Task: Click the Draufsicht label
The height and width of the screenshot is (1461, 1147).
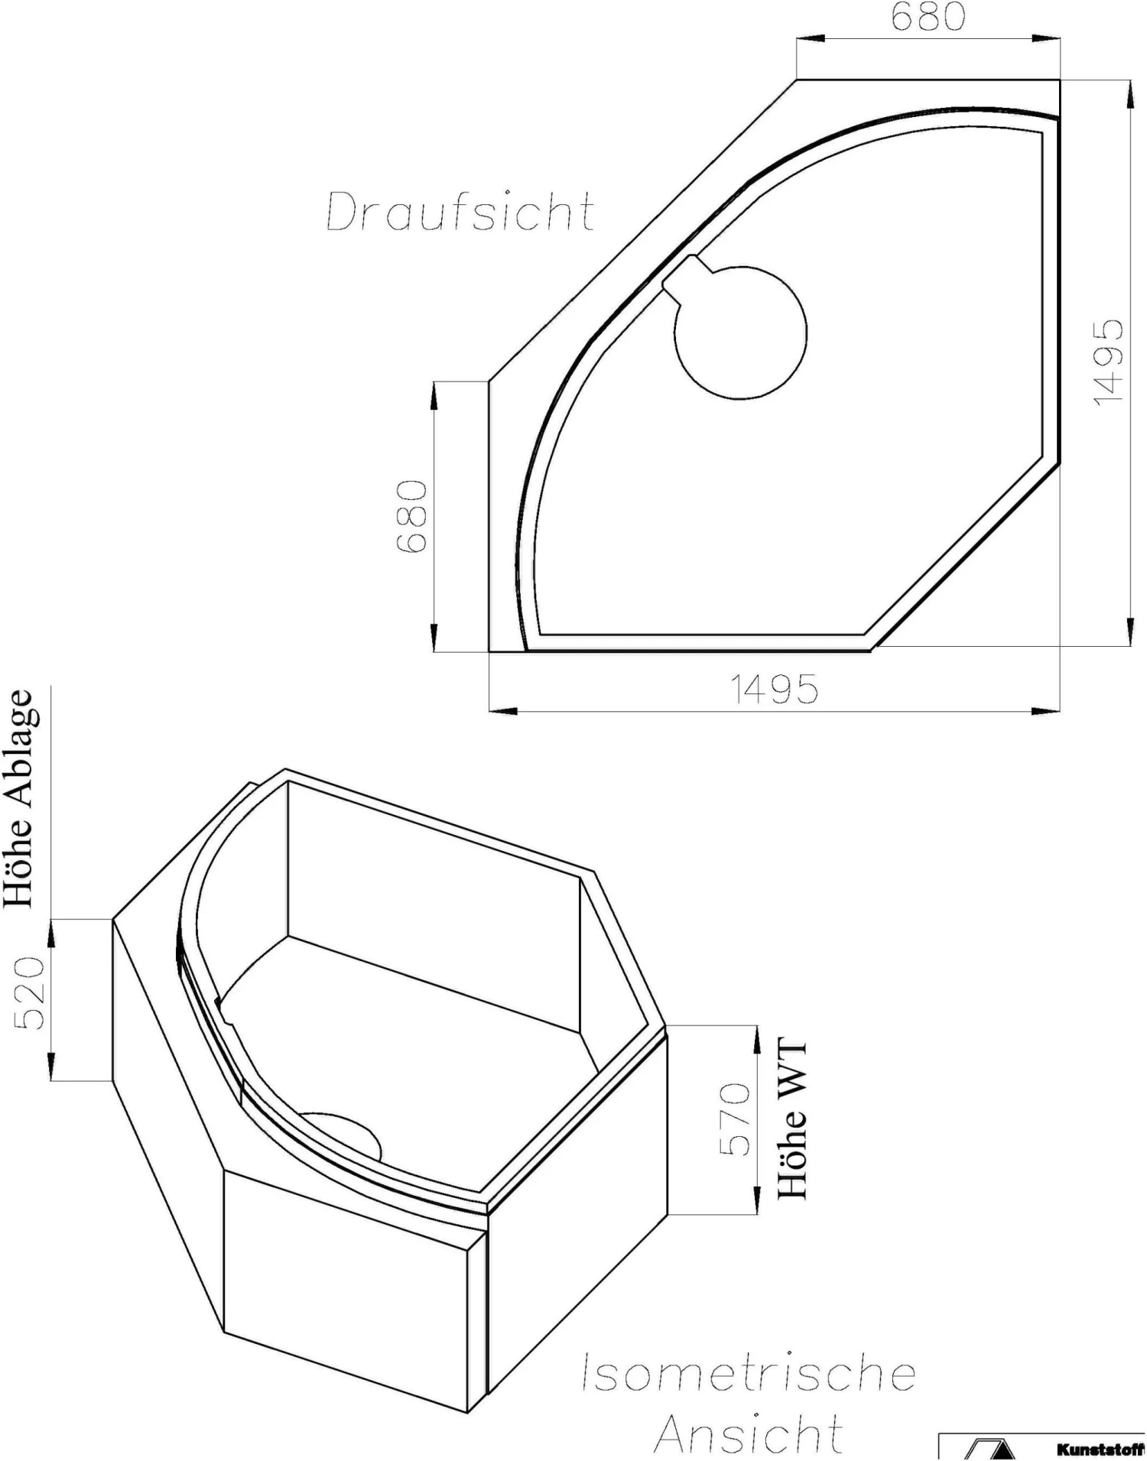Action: click(460, 212)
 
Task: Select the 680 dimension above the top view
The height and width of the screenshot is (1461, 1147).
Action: click(928, 16)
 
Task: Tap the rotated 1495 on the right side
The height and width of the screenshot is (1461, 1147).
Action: click(1108, 362)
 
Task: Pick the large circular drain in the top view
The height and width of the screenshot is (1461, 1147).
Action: click(740, 333)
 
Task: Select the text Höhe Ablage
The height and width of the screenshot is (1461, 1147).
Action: click(19, 798)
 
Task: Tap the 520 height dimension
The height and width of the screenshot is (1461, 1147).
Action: click(31, 992)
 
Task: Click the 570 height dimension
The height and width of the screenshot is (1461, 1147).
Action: click(736, 1118)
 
